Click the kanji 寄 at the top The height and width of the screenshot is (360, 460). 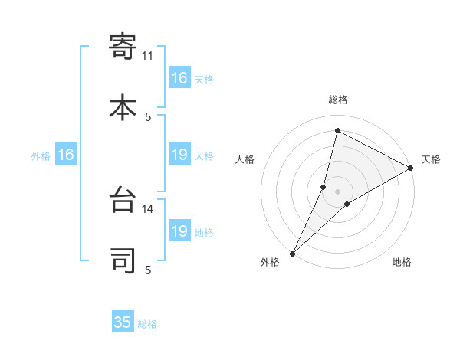[x=123, y=47]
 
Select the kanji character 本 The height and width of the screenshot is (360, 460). [x=123, y=106]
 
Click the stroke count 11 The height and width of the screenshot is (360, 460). [x=148, y=56]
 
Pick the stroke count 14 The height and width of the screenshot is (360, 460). [x=148, y=208]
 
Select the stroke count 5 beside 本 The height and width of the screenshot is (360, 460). [x=148, y=116]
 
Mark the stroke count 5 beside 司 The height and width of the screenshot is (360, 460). [x=148, y=270]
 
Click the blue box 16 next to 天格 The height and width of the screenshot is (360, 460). [x=179, y=78]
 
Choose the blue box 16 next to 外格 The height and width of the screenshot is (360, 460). [x=65, y=155]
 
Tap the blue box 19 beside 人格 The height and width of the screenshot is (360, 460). [x=179, y=155]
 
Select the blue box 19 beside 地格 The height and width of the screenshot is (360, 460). [x=179, y=231]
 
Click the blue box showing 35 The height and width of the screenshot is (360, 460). [x=123, y=322]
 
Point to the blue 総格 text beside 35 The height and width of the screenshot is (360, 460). [x=147, y=324]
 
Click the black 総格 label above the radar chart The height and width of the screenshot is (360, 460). [x=338, y=100]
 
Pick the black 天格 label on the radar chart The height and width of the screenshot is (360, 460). [x=431, y=159]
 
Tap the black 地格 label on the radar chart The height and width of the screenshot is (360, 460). [x=402, y=262]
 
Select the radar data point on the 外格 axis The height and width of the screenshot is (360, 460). [x=292, y=253]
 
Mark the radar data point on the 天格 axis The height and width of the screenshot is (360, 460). [x=411, y=168]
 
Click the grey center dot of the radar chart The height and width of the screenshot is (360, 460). [x=338, y=191]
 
